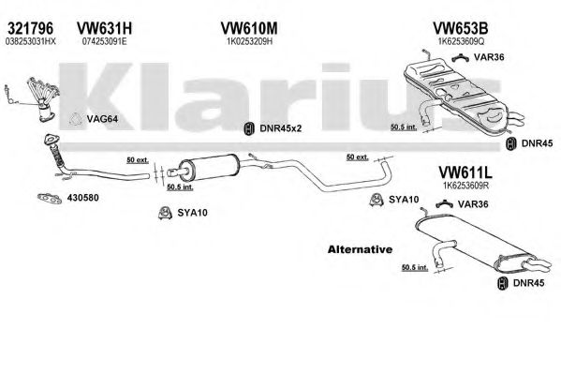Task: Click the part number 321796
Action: [x=30, y=28]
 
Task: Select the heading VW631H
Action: [x=104, y=28]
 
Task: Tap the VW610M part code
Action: [x=249, y=28]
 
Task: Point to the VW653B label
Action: [x=461, y=28]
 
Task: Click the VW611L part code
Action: [x=465, y=172]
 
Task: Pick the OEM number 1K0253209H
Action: [x=249, y=41]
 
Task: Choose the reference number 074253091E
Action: [x=104, y=41]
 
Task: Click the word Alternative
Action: [x=360, y=249]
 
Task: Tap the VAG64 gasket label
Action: [x=102, y=119]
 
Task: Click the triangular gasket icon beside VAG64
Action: [x=76, y=119]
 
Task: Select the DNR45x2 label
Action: [x=281, y=128]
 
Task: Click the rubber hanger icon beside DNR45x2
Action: [x=249, y=128]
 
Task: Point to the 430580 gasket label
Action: [x=82, y=198]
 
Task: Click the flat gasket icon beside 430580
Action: [x=50, y=198]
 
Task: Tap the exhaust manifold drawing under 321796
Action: [x=43, y=99]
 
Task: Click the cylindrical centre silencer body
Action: [x=209, y=168]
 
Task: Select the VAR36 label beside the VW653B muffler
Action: [x=489, y=57]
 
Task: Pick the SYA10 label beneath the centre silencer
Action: [x=192, y=213]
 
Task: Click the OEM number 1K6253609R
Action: [x=465, y=186]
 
